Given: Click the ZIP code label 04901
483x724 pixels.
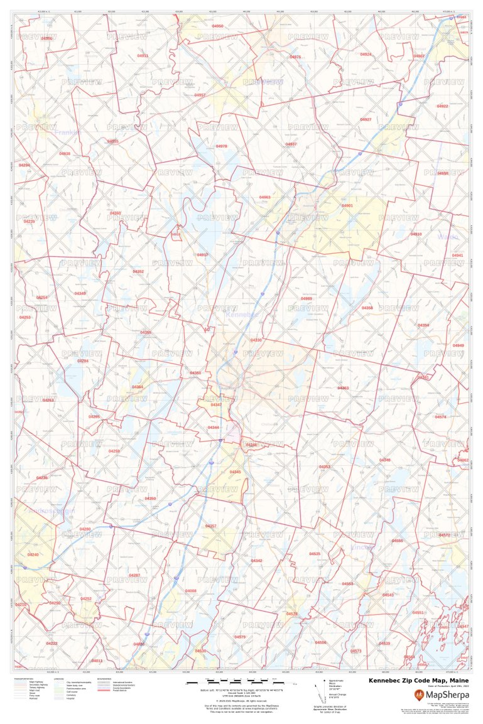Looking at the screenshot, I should [x=347, y=205].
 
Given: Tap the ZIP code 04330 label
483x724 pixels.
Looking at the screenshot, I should [x=256, y=340].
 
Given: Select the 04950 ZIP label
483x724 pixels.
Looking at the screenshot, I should [x=217, y=26].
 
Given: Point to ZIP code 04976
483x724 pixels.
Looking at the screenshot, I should [x=295, y=57].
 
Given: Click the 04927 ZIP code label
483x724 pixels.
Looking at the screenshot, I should [x=366, y=119].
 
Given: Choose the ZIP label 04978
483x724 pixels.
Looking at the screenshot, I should [x=221, y=146].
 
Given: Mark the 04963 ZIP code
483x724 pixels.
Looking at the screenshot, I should [x=264, y=197].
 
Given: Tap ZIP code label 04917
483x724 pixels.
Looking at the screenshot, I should [x=202, y=254].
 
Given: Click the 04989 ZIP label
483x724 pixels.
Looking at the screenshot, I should [x=306, y=298].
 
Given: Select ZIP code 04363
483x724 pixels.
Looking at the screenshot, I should [x=343, y=388].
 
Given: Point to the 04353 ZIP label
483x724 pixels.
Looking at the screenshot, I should [x=324, y=467].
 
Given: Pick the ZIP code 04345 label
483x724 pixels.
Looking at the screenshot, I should [x=235, y=472].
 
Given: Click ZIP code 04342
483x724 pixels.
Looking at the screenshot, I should [x=256, y=560].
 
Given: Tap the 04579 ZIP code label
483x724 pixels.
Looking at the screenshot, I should [x=240, y=637].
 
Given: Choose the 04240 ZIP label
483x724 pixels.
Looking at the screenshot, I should [x=33, y=554].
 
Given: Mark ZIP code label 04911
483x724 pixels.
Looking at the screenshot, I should [x=143, y=56].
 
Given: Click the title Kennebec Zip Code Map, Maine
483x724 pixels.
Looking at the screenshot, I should [x=418, y=680].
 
